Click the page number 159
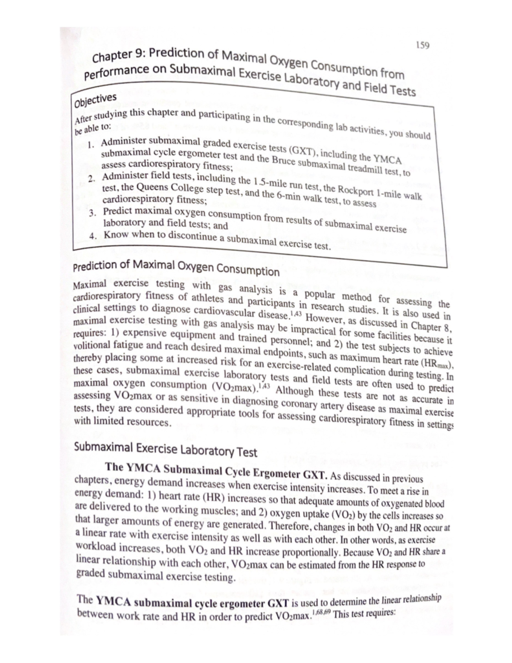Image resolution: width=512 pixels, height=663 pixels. (x=423, y=45)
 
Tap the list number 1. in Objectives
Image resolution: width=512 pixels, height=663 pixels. (x=91, y=144)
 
